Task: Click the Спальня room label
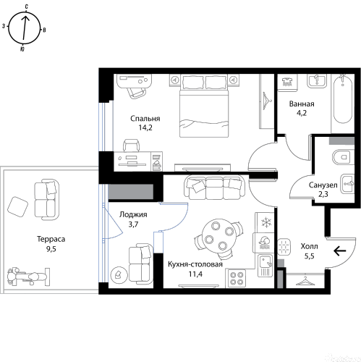[145, 119]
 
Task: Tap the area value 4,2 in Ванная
[302, 113]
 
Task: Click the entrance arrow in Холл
[340, 251]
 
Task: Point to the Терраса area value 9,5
[51, 249]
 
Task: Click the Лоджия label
[133, 215]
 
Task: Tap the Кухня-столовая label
[195, 264]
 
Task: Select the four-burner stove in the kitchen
[236, 279]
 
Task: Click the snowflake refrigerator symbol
[266, 222]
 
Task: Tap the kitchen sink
[266, 265]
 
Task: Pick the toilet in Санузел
[343, 157]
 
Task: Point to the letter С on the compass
[27, 7]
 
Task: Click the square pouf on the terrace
[17, 207]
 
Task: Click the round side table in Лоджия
[119, 274]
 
